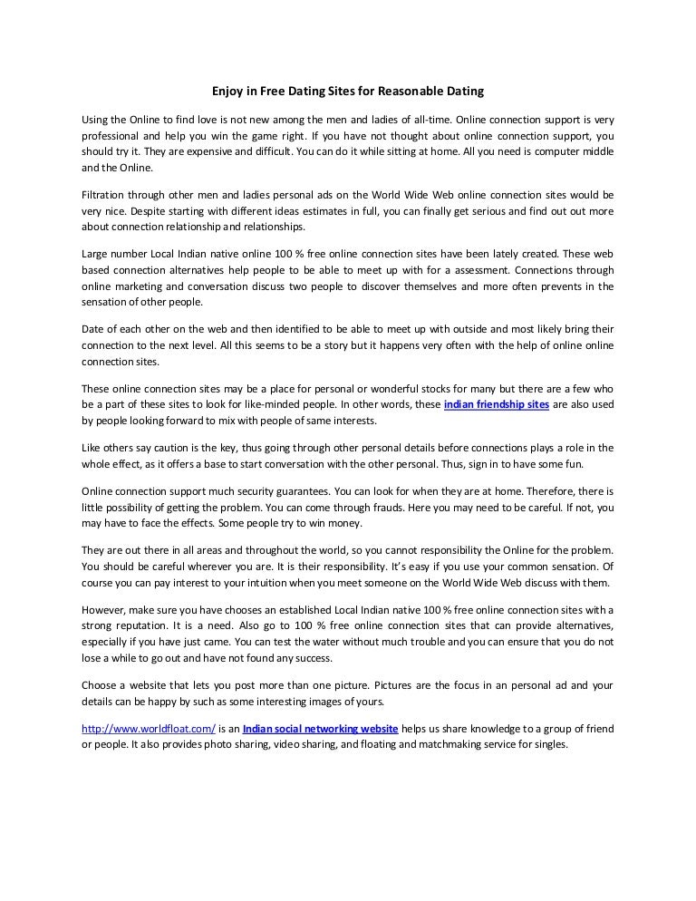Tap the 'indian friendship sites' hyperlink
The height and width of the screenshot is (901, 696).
[497, 405]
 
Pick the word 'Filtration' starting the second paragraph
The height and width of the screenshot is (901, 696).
[105, 195]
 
